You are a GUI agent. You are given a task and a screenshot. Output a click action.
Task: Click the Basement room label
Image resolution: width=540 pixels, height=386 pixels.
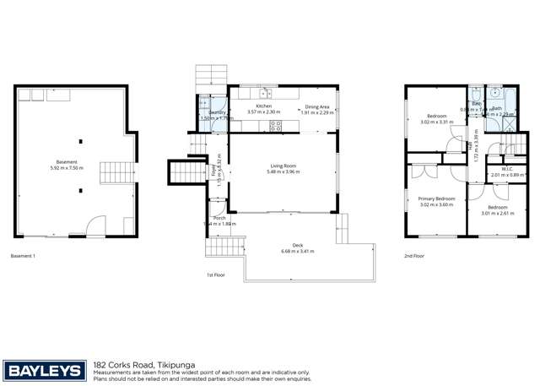point(67,161)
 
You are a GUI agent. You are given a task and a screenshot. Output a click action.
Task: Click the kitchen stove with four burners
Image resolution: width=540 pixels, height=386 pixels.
point(275,126)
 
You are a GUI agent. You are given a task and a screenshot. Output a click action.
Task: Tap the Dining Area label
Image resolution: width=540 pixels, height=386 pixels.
point(317,107)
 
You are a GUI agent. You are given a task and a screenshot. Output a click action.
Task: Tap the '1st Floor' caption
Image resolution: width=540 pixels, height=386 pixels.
point(216,275)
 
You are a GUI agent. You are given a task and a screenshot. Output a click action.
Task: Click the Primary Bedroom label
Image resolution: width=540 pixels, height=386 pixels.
point(437,198)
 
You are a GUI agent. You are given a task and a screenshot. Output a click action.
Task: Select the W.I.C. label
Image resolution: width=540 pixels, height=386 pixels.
point(508,168)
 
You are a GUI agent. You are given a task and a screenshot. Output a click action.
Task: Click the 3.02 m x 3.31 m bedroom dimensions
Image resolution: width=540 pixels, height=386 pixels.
point(437,122)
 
